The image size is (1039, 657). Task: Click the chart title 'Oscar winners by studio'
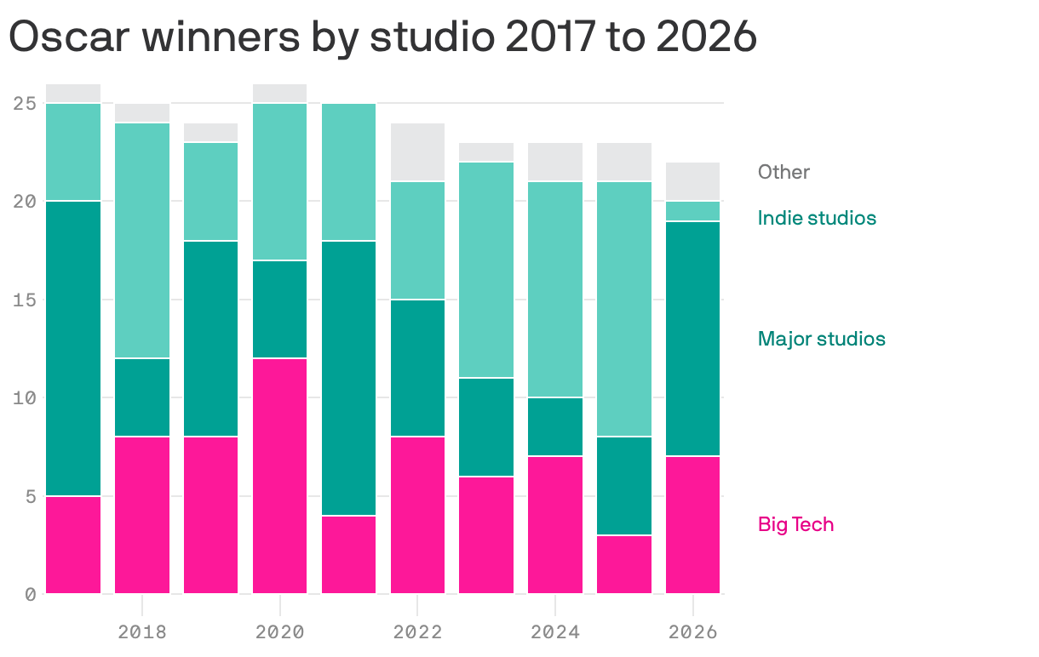point(382,37)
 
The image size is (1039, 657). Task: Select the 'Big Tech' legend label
point(795,524)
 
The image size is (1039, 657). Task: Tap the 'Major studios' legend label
point(821,339)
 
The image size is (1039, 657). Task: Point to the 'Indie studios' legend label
point(816,218)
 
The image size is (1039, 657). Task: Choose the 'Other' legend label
point(784,172)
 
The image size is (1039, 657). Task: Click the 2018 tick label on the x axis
point(142,631)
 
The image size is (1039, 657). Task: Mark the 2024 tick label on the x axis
point(555,631)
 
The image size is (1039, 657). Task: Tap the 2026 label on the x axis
point(693,631)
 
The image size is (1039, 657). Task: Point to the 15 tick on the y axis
point(25,300)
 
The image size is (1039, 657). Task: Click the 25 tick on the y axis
point(25,104)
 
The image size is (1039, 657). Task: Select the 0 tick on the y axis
point(31,594)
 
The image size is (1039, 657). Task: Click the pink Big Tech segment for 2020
point(280,476)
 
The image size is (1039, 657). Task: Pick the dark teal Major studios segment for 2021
point(349,378)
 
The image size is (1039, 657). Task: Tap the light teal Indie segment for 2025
point(624,309)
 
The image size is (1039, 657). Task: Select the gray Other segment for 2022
point(417,152)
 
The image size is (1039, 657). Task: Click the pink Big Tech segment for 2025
point(624,564)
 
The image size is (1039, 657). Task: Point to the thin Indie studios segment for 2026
point(693,211)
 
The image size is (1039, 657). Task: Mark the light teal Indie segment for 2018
point(142,241)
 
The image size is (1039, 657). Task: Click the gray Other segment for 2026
point(693,181)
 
